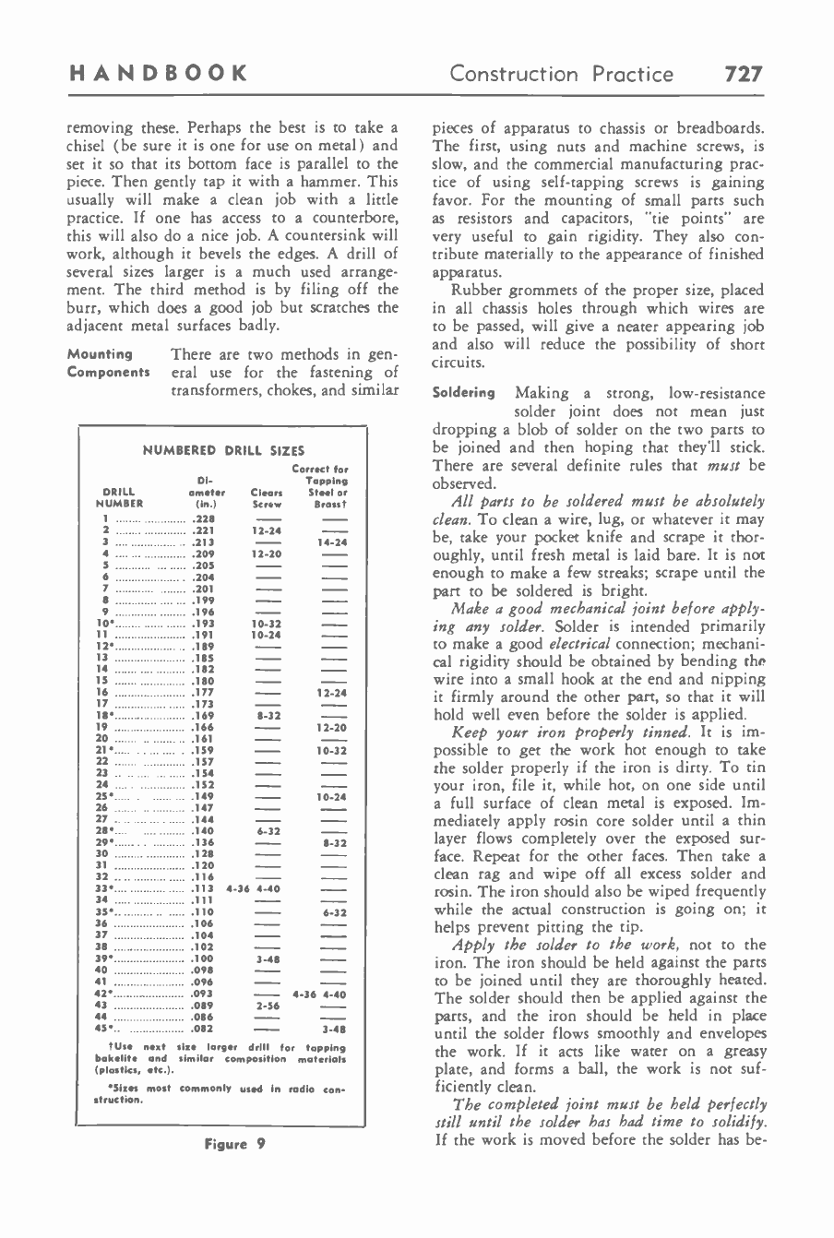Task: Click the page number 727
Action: (x=743, y=73)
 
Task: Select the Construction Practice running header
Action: (x=561, y=73)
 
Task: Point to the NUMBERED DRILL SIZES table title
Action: (x=223, y=450)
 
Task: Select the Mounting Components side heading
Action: (x=108, y=363)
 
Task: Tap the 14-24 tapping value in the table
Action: (x=329, y=543)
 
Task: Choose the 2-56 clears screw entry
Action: (x=267, y=1001)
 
